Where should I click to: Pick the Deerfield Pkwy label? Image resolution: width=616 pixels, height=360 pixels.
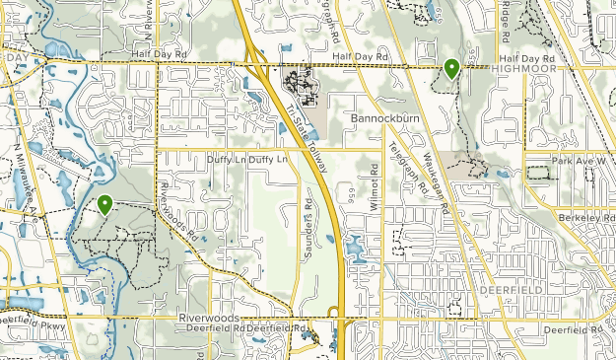pyautogui.click(x=30, y=319)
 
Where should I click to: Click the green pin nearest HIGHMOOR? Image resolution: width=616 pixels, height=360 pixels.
pyautogui.click(x=451, y=68)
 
